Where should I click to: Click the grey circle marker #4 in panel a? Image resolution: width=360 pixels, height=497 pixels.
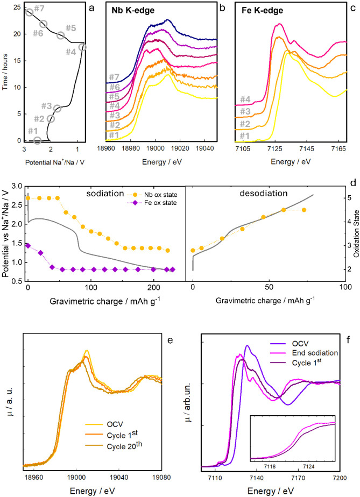(x=82, y=47)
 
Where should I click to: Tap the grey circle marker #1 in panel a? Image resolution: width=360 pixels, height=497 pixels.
(x=37, y=140)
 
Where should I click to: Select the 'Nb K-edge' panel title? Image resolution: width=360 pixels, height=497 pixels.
(x=133, y=10)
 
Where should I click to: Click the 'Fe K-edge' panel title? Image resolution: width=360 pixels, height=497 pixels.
(x=262, y=10)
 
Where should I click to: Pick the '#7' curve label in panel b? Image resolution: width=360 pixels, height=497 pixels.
(x=114, y=77)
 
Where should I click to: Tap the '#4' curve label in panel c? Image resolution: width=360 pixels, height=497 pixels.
(x=245, y=100)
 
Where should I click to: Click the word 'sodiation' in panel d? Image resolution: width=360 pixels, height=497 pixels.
(x=105, y=193)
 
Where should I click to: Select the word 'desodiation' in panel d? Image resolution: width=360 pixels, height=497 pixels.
(x=264, y=193)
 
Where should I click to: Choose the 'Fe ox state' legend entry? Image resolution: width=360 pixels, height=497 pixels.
(x=156, y=203)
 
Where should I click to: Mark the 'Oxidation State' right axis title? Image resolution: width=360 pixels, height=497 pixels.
(x=356, y=233)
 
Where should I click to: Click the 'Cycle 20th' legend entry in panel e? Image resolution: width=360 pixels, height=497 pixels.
(x=114, y=446)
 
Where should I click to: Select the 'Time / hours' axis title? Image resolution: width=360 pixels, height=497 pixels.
(x=5, y=72)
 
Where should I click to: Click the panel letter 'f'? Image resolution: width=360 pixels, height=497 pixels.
(x=348, y=340)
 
